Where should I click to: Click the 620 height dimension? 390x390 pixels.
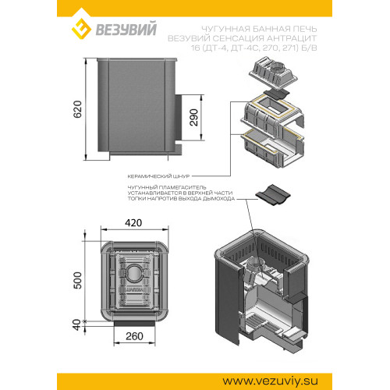point(77,109)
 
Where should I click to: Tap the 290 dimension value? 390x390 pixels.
point(193,118)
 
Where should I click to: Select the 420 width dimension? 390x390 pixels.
point(133,223)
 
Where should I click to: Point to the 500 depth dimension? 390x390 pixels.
point(77,280)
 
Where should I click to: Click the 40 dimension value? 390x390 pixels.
point(77,324)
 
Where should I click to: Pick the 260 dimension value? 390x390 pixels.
point(134,336)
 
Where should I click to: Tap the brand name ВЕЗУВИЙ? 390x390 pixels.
point(126,29)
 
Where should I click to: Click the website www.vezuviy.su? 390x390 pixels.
point(270,381)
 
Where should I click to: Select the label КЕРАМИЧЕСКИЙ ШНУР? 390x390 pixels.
point(158,176)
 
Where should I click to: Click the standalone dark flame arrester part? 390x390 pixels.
point(273,195)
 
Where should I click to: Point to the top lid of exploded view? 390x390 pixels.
point(273,73)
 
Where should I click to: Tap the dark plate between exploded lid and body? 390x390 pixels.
point(276,94)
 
